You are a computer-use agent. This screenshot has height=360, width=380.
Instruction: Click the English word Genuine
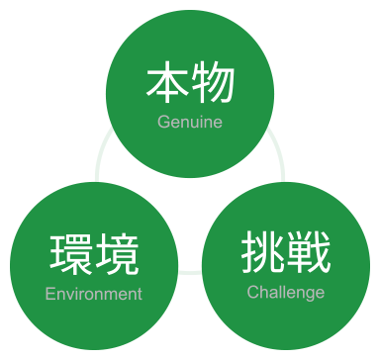tap(190, 123)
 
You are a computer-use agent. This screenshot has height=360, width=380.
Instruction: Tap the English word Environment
tap(94, 294)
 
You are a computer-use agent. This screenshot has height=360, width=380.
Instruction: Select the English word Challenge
tap(285, 293)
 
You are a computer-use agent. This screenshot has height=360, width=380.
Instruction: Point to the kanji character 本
tap(167, 85)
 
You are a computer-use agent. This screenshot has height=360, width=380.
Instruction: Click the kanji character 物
tap(213, 85)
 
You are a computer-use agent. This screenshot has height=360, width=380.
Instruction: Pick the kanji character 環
tap(71, 255)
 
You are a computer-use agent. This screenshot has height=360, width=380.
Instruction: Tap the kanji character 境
tap(117, 255)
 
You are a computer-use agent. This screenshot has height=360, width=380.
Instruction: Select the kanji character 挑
tap(262, 253)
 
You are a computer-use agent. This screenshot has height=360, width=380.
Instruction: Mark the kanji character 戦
tap(308, 253)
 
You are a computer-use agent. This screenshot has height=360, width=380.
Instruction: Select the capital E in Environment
tap(50, 294)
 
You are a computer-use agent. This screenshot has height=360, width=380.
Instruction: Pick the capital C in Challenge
tap(252, 293)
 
